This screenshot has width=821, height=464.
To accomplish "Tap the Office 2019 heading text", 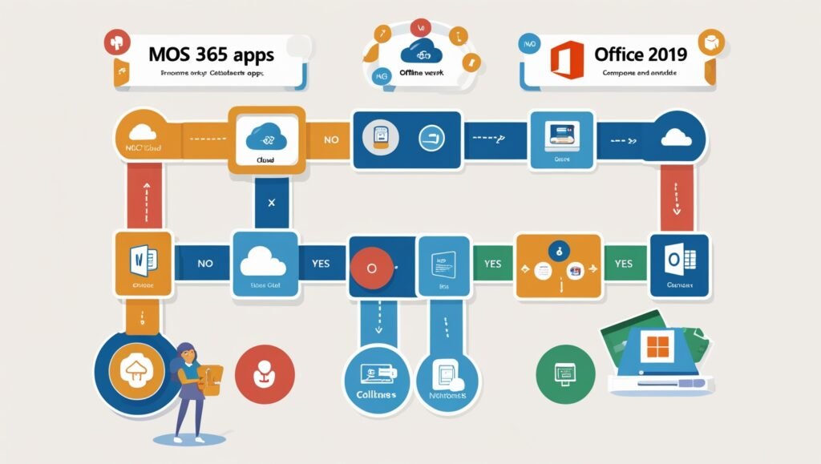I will (x=640, y=54).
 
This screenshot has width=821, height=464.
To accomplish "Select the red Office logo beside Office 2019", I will (x=565, y=58).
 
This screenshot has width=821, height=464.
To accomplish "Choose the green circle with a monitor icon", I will (x=566, y=373).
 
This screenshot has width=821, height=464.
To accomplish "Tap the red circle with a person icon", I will (x=264, y=373).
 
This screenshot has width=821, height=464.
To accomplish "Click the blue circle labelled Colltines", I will (x=376, y=376).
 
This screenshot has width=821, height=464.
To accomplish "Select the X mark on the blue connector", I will (x=271, y=203).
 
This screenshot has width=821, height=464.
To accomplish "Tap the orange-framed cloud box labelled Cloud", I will (x=267, y=139).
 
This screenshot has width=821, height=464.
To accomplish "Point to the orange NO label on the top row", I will (x=331, y=139).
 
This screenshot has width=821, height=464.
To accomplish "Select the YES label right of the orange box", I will (x=623, y=263).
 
